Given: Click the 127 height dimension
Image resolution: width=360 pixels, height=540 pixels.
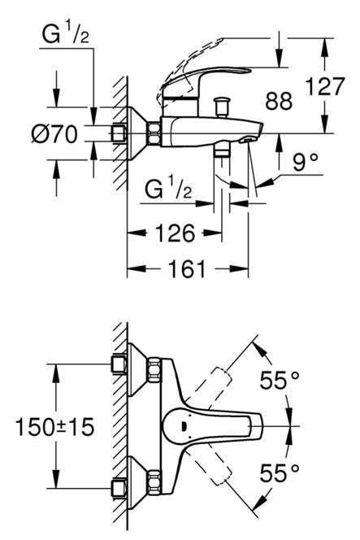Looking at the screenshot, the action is [324, 86].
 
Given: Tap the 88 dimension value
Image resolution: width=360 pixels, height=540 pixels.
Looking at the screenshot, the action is [279, 101].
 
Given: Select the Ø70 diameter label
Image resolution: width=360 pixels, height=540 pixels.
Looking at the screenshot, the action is [54, 133].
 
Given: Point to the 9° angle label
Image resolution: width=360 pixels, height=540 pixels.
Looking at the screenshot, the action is [306, 162].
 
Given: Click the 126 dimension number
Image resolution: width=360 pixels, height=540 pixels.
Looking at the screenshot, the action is [176, 233].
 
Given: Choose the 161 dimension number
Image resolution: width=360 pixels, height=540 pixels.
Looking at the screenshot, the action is [187, 269].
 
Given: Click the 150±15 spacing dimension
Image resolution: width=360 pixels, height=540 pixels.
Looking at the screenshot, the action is [55, 427].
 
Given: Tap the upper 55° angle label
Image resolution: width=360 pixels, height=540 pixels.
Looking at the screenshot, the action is [279, 381].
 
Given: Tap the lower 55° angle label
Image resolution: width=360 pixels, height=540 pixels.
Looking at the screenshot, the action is [279, 472].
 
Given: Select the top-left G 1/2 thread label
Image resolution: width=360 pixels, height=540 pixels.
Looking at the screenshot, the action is [65, 34].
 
